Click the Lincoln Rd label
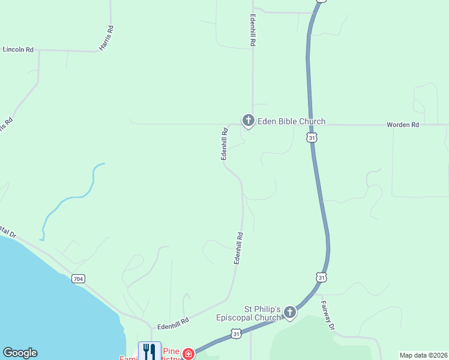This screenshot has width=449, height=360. point(18,50)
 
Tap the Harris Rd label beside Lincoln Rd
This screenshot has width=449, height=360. point(106,37)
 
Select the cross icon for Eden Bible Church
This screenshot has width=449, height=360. point(248,121)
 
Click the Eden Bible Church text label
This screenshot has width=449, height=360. point(292,121)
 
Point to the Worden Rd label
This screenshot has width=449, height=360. point(402,125)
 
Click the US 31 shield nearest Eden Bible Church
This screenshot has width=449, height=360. point(311,138)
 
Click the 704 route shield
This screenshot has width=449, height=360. point(77,278)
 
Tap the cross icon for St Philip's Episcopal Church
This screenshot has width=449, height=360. point(290,312)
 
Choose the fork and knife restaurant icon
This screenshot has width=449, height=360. point(149,351)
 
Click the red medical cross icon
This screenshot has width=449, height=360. point(188,354)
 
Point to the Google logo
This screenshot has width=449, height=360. point(20,353)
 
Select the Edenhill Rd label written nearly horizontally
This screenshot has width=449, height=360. point(173,323)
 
